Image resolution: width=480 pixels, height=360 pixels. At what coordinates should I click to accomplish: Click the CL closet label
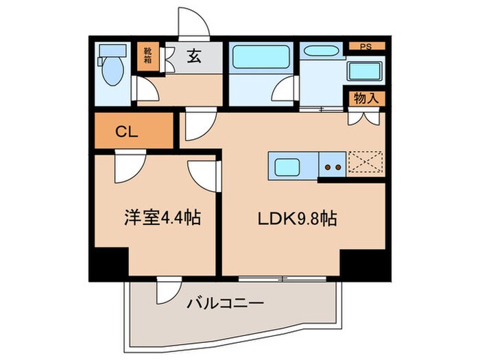(x=127, y=132)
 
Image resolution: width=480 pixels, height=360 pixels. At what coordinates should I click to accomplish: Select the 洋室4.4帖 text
(x=162, y=219)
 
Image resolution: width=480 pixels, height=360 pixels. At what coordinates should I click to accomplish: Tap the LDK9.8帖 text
(x=296, y=219)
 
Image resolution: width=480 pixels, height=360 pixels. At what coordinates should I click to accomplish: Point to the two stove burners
(x=333, y=166)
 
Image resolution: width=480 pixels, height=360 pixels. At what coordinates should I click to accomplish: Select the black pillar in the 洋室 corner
(x=109, y=262)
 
